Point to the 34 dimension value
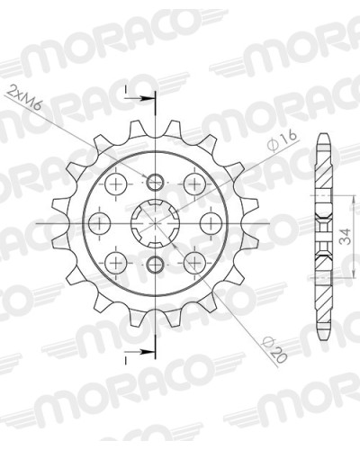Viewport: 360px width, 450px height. point(346,237)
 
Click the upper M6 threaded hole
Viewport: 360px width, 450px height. point(155,182)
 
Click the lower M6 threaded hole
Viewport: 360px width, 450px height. point(155,265)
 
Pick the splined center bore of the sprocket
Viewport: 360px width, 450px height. point(155,223)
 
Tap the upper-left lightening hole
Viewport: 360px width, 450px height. point(116,184)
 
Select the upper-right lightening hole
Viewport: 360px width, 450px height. point(194,184)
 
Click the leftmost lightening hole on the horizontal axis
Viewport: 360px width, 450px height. point(100,223)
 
